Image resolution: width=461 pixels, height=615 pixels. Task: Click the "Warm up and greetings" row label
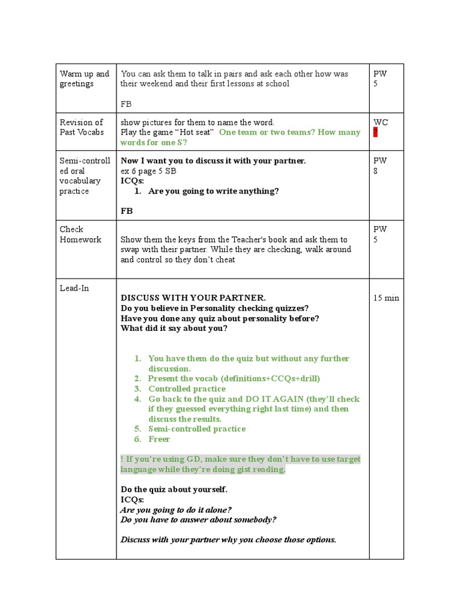84,79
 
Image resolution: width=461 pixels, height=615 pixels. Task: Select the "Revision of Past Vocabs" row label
82,127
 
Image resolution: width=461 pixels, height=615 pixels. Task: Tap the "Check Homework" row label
80,234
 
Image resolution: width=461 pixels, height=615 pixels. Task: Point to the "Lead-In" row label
74,288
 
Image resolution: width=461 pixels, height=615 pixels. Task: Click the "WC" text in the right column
381,123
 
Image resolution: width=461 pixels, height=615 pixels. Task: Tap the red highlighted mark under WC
375,133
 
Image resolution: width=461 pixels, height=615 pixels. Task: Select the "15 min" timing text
386,298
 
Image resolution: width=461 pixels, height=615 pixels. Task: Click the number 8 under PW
376,171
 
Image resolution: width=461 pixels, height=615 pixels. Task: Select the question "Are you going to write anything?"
213,191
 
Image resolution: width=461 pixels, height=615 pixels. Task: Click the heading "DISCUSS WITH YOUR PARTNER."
193,298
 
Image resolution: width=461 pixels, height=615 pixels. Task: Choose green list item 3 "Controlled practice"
187,389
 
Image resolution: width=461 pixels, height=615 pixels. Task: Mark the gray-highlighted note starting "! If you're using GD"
240,464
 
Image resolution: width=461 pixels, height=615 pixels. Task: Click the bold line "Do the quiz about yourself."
174,489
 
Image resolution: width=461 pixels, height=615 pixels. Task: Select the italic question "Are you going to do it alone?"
176,510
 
